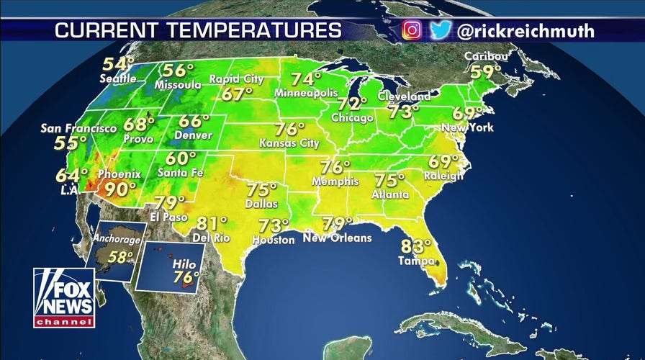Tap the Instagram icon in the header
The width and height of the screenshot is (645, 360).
tap(411, 30)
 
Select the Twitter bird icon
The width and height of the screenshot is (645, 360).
tap(441, 30)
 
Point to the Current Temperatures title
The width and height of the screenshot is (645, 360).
tap(198, 31)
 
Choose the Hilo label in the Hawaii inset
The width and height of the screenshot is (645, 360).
tap(180, 265)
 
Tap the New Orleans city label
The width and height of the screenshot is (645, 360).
tap(337, 238)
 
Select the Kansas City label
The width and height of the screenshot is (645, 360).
tap(289, 143)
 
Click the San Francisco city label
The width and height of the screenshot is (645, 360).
tap(78, 128)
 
